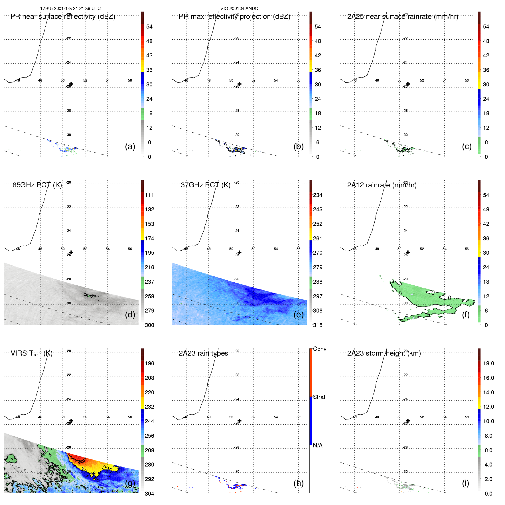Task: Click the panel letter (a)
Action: coord(130,146)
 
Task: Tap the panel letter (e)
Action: coord(299,315)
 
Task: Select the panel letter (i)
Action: coord(465,483)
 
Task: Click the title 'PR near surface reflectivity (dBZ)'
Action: coord(63,17)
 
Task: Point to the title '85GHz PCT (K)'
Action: coord(37,185)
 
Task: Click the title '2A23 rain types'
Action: coord(203,353)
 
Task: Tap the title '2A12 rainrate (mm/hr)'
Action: coord(382,185)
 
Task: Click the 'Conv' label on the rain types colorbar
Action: coord(320,349)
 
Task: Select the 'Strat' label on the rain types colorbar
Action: coord(319,397)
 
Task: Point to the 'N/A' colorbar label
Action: coord(318,445)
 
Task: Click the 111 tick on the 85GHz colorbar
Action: coord(149,195)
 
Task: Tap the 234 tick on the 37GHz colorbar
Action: coord(318,195)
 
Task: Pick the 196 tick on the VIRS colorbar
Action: coord(149,363)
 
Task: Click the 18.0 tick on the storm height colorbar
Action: coord(488,363)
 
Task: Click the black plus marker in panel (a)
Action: coord(71,84)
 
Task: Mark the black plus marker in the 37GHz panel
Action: coord(240,252)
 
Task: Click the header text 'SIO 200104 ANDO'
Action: coord(240,9)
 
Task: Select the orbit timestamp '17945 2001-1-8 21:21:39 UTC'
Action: coord(70,9)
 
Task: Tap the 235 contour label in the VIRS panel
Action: coord(107,469)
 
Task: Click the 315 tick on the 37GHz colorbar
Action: coord(318,325)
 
